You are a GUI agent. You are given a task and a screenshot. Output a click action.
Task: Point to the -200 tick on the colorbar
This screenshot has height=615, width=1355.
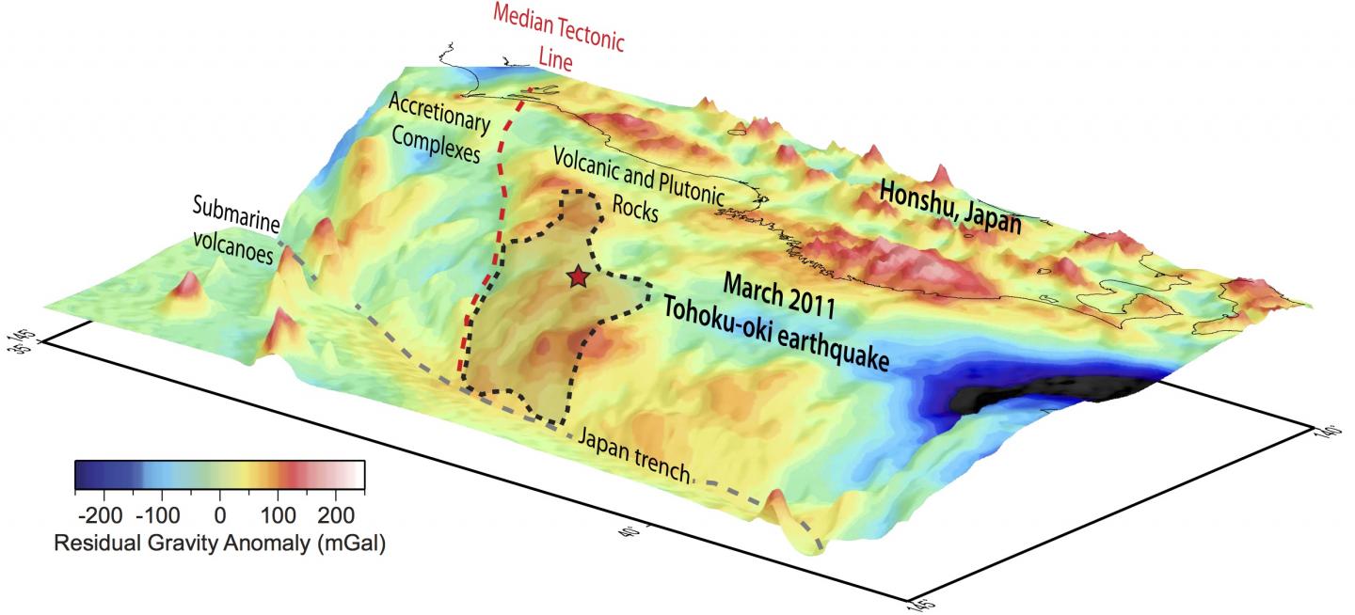pos(104,514)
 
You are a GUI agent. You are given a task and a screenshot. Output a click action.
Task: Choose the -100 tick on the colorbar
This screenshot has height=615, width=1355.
pos(162,514)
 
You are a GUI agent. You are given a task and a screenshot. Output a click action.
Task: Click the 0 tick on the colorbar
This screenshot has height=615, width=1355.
pos(219,514)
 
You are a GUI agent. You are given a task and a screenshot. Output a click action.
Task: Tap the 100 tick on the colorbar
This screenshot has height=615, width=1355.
pos(278,514)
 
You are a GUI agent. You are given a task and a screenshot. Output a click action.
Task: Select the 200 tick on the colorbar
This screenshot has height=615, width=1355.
pos(335,514)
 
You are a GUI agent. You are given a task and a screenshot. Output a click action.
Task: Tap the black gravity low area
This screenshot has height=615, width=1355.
pos(1044,395)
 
